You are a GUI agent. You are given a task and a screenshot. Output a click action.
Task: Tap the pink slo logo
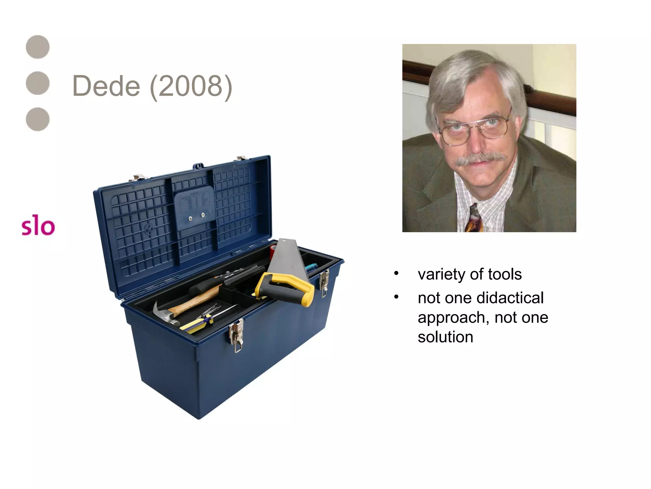(x=38, y=226)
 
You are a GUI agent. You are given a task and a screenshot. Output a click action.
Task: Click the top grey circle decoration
(x=38, y=47)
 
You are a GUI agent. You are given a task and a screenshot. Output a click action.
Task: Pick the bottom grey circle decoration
(x=38, y=119)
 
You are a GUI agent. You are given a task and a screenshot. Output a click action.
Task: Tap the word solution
(x=445, y=337)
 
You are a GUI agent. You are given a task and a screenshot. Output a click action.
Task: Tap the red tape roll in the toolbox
(x=273, y=252)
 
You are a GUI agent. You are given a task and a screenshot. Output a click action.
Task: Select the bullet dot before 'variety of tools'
(x=396, y=273)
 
